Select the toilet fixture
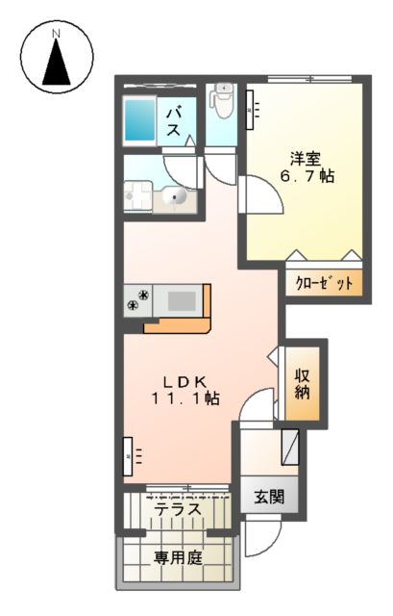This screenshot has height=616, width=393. (222, 100)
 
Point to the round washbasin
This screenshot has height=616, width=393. (176, 196)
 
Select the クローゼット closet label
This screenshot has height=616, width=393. (323, 284)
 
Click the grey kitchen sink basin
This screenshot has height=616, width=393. (181, 300)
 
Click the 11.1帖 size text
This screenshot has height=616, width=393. (180, 398)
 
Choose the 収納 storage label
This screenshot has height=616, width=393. (301, 382)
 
